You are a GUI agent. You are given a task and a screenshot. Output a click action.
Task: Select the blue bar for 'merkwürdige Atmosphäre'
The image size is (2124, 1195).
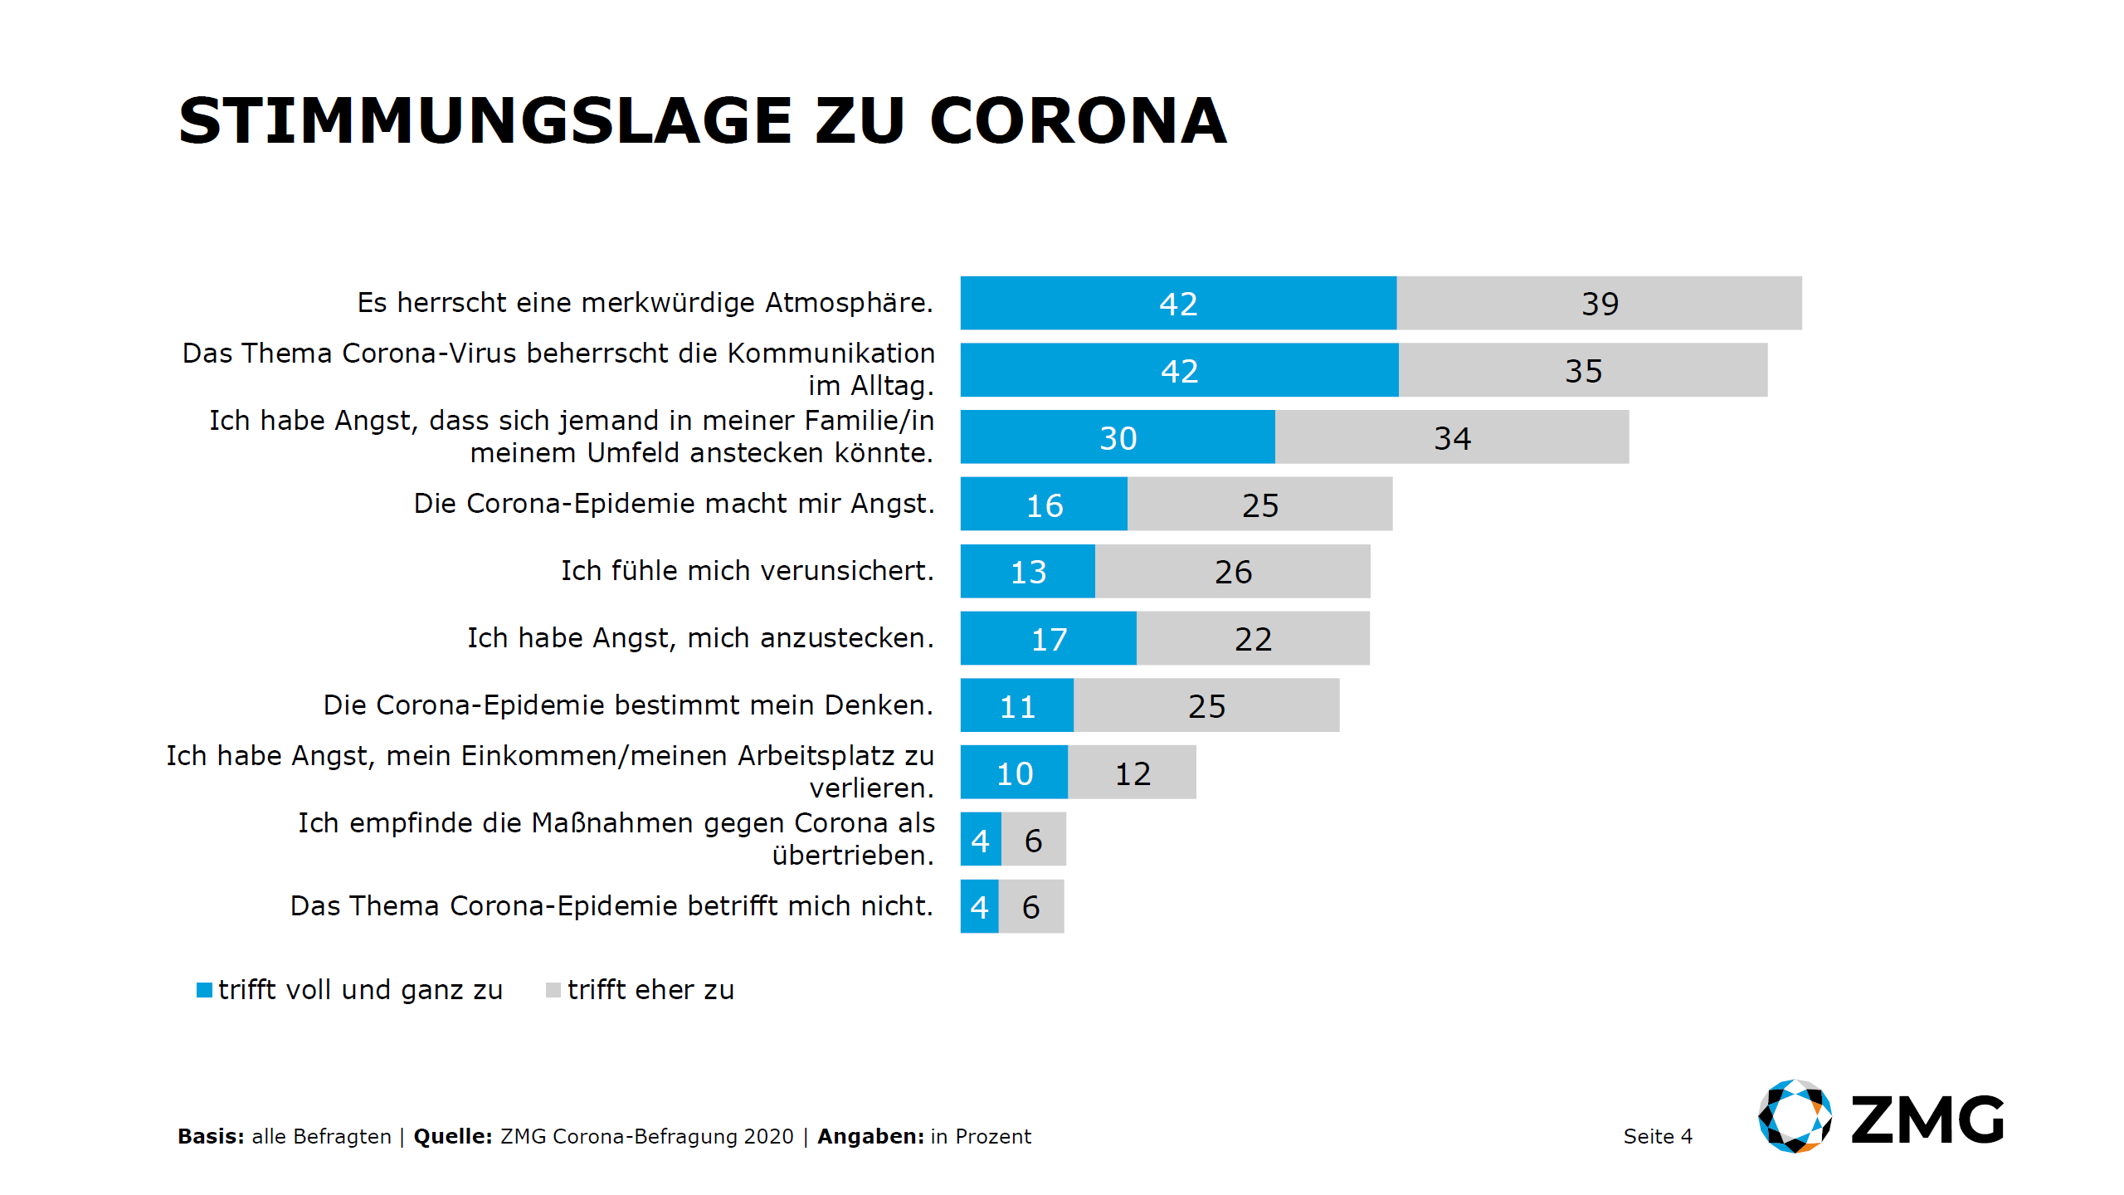coord(1178,303)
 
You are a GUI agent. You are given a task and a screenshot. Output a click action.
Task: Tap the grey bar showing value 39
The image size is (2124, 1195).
coord(1599,303)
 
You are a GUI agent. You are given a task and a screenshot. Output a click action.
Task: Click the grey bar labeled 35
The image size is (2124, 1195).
coord(1582,370)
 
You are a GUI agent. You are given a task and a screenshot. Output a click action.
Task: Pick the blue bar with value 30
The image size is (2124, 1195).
coord(1117,437)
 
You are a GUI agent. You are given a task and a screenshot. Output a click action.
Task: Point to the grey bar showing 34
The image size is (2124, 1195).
coord(1452,437)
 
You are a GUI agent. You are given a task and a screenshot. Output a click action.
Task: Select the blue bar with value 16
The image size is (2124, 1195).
coord(1044,504)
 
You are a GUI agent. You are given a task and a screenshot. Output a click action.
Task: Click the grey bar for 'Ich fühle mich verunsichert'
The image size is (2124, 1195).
coord(1232,571)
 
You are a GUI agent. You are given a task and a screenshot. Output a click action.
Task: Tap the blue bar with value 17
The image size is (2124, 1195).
coord(1048,638)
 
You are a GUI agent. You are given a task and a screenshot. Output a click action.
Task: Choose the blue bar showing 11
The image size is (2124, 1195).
coord(1016,705)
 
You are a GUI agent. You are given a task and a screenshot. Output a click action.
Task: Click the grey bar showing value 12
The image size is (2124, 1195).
coord(1132,773)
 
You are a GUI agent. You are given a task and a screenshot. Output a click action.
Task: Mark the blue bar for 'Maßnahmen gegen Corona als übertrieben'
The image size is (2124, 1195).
coord(981,840)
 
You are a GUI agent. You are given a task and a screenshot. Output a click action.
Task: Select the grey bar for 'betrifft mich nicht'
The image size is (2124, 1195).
coord(1031,906)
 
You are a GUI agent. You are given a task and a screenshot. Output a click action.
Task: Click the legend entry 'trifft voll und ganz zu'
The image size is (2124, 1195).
coord(360,990)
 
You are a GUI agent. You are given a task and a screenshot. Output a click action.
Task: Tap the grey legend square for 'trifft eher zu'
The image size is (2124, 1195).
coord(553,990)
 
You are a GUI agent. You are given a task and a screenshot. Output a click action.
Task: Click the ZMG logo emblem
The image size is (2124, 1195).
coord(1795,1116)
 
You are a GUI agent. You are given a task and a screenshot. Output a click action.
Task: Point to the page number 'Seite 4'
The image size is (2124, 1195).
coord(1657,1136)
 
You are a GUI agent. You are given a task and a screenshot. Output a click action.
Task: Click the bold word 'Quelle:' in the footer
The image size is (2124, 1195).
coord(453,1136)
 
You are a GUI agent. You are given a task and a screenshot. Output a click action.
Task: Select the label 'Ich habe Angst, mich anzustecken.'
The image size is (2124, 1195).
coord(700,638)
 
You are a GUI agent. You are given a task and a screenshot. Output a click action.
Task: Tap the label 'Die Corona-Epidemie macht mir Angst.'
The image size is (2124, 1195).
coord(674,504)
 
